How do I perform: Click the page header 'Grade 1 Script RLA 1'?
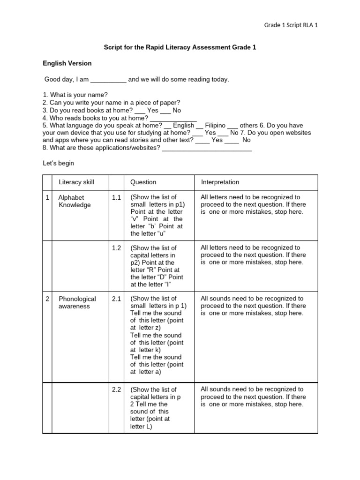291,25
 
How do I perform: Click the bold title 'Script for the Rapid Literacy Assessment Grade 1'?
180,48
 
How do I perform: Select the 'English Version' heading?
67,63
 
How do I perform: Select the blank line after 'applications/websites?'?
207,149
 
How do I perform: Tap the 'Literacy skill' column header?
76,182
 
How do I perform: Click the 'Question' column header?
143,182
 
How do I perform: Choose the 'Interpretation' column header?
220,182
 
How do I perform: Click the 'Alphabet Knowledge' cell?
75,201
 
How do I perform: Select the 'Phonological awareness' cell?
77,302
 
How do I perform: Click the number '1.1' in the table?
116,198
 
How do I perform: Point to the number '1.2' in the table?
116,248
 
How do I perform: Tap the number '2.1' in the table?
116,299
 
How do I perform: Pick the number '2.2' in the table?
116,390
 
